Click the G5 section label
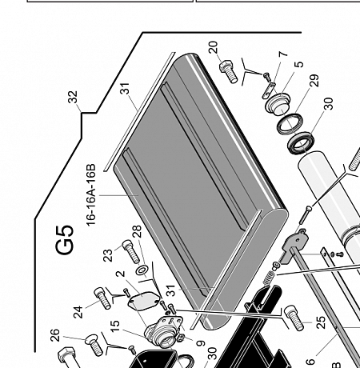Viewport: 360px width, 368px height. pos(65,240)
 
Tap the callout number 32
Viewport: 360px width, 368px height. pos(73,97)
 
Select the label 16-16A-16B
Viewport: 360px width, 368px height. pos(91,195)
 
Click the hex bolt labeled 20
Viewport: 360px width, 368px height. pos(228,71)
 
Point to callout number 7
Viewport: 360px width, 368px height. pos(283,54)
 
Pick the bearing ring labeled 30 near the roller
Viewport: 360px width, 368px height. pos(301,143)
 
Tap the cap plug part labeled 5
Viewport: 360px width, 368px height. pos(278,103)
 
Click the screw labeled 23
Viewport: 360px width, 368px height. pos(131,251)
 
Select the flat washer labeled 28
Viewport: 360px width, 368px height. pos(142,270)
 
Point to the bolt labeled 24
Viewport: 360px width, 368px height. pos(102,298)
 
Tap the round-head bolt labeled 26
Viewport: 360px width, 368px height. pos(94,345)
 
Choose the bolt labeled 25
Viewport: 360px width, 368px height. pos(294,318)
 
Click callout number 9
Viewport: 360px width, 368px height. pos(201,343)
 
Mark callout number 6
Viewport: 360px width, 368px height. pos(310,362)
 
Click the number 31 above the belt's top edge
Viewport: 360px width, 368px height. pos(125,89)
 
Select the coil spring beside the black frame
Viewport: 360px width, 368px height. pos(268,278)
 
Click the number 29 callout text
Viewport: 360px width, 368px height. pos(314,81)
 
